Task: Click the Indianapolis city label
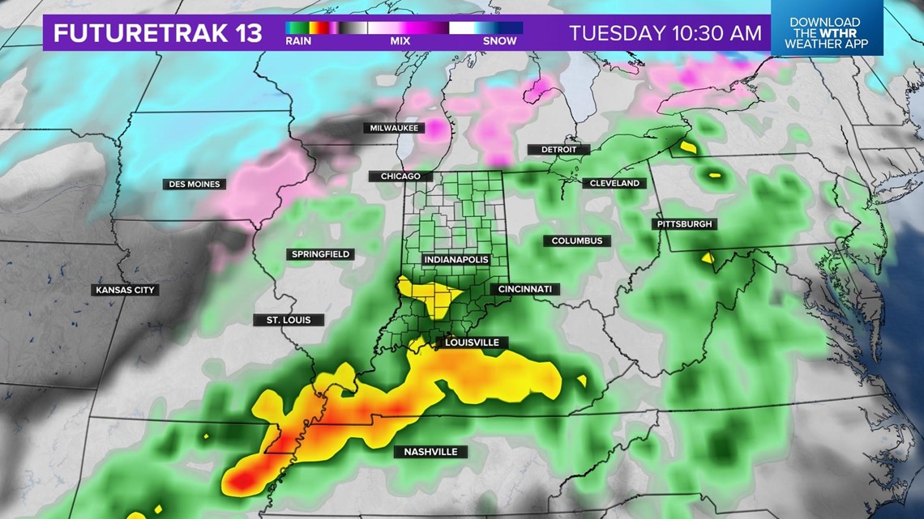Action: coord(456,260)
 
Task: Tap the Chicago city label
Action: coord(400,177)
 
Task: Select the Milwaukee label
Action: coord(394,128)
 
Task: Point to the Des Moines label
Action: coord(195,185)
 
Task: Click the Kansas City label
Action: coord(125,290)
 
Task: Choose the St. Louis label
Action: coord(289,320)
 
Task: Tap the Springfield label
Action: coord(320,254)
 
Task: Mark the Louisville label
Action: coord(471,342)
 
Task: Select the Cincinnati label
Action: coord(524,289)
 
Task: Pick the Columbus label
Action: coord(577,241)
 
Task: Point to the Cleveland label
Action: coord(614,184)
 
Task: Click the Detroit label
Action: coord(558,150)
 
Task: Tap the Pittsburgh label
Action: coord(684,224)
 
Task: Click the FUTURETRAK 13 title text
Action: coord(157,33)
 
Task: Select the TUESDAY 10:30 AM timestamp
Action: coord(665,33)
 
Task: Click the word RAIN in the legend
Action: coord(298,41)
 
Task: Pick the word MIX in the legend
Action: coord(400,41)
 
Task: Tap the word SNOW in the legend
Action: coord(499,41)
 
